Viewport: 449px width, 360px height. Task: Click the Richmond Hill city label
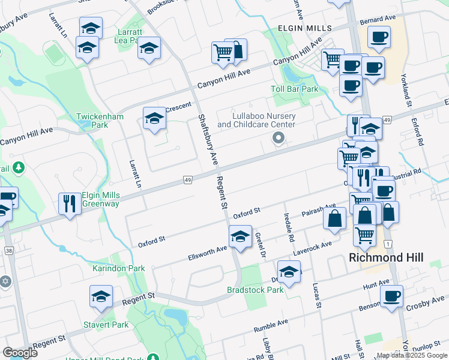tap(387, 257)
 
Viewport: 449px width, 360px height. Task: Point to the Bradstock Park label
tap(255, 290)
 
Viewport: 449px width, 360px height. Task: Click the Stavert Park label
tap(110, 325)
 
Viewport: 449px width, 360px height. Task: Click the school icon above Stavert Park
tap(101, 295)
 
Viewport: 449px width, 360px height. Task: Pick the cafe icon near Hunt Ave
tap(391, 295)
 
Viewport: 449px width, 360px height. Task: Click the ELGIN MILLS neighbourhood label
tap(304, 28)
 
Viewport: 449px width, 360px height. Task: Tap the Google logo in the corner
tap(20, 353)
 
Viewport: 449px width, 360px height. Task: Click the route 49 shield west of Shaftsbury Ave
tap(188, 180)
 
